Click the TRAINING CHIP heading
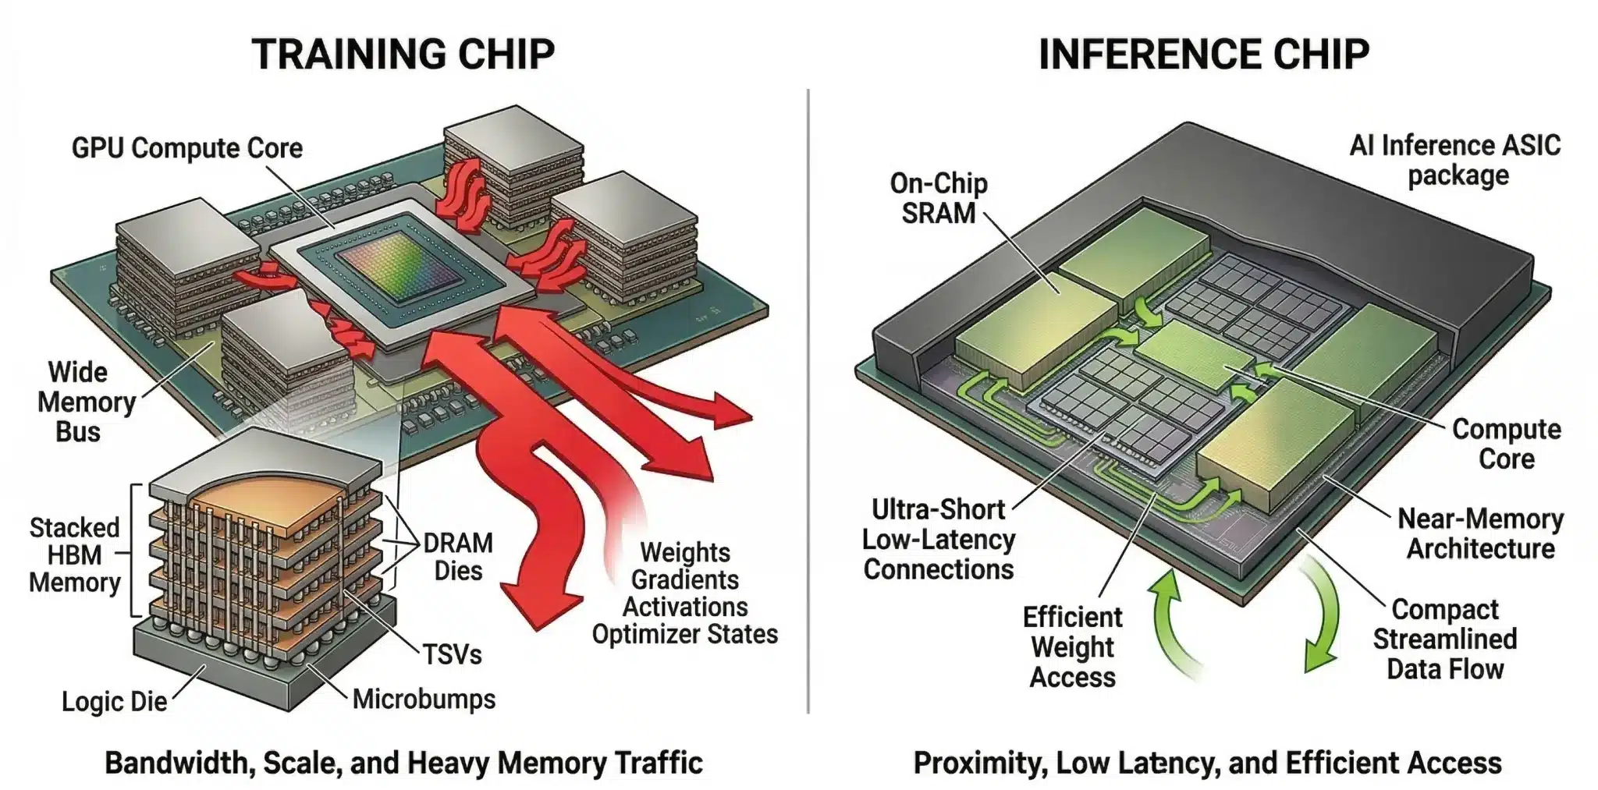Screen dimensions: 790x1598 (x=403, y=54)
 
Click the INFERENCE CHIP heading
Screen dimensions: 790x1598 (x=1203, y=54)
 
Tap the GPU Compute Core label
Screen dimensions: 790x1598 (x=186, y=147)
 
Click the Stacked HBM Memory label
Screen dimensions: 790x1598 (x=74, y=555)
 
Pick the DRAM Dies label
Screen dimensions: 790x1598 (x=458, y=557)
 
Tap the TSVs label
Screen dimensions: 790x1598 (x=452, y=654)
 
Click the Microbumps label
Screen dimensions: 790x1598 (x=424, y=699)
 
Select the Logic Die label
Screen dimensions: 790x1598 (x=114, y=701)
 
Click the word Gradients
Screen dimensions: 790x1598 (x=685, y=579)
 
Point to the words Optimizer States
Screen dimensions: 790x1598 (x=684, y=634)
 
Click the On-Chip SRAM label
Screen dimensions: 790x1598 (x=939, y=198)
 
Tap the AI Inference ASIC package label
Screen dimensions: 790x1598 (x=1456, y=160)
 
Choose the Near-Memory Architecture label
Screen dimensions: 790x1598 (x=1480, y=533)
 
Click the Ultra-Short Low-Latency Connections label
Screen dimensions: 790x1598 (x=939, y=539)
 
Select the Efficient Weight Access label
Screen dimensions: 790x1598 (x=1072, y=647)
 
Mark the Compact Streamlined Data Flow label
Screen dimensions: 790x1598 (x=1445, y=639)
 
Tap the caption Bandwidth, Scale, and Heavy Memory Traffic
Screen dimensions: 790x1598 (x=403, y=763)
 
